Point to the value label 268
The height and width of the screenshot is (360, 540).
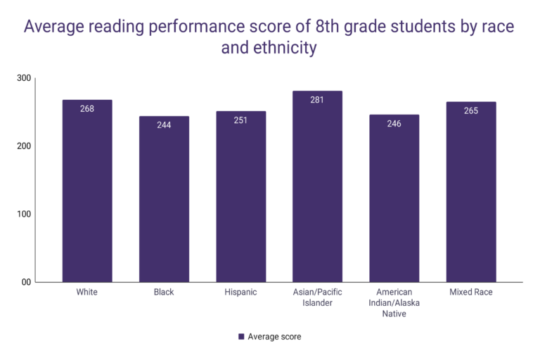point(87,109)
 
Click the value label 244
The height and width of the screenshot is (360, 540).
point(164,125)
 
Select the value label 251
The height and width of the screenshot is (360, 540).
point(240,120)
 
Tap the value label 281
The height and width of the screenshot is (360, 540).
point(317,100)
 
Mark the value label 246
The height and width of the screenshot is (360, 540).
point(394,124)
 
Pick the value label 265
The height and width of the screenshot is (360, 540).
point(470,111)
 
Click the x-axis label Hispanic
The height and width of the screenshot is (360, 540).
point(240,292)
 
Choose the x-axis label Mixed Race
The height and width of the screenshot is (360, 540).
point(470,292)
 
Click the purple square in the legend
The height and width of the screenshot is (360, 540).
point(241,337)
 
